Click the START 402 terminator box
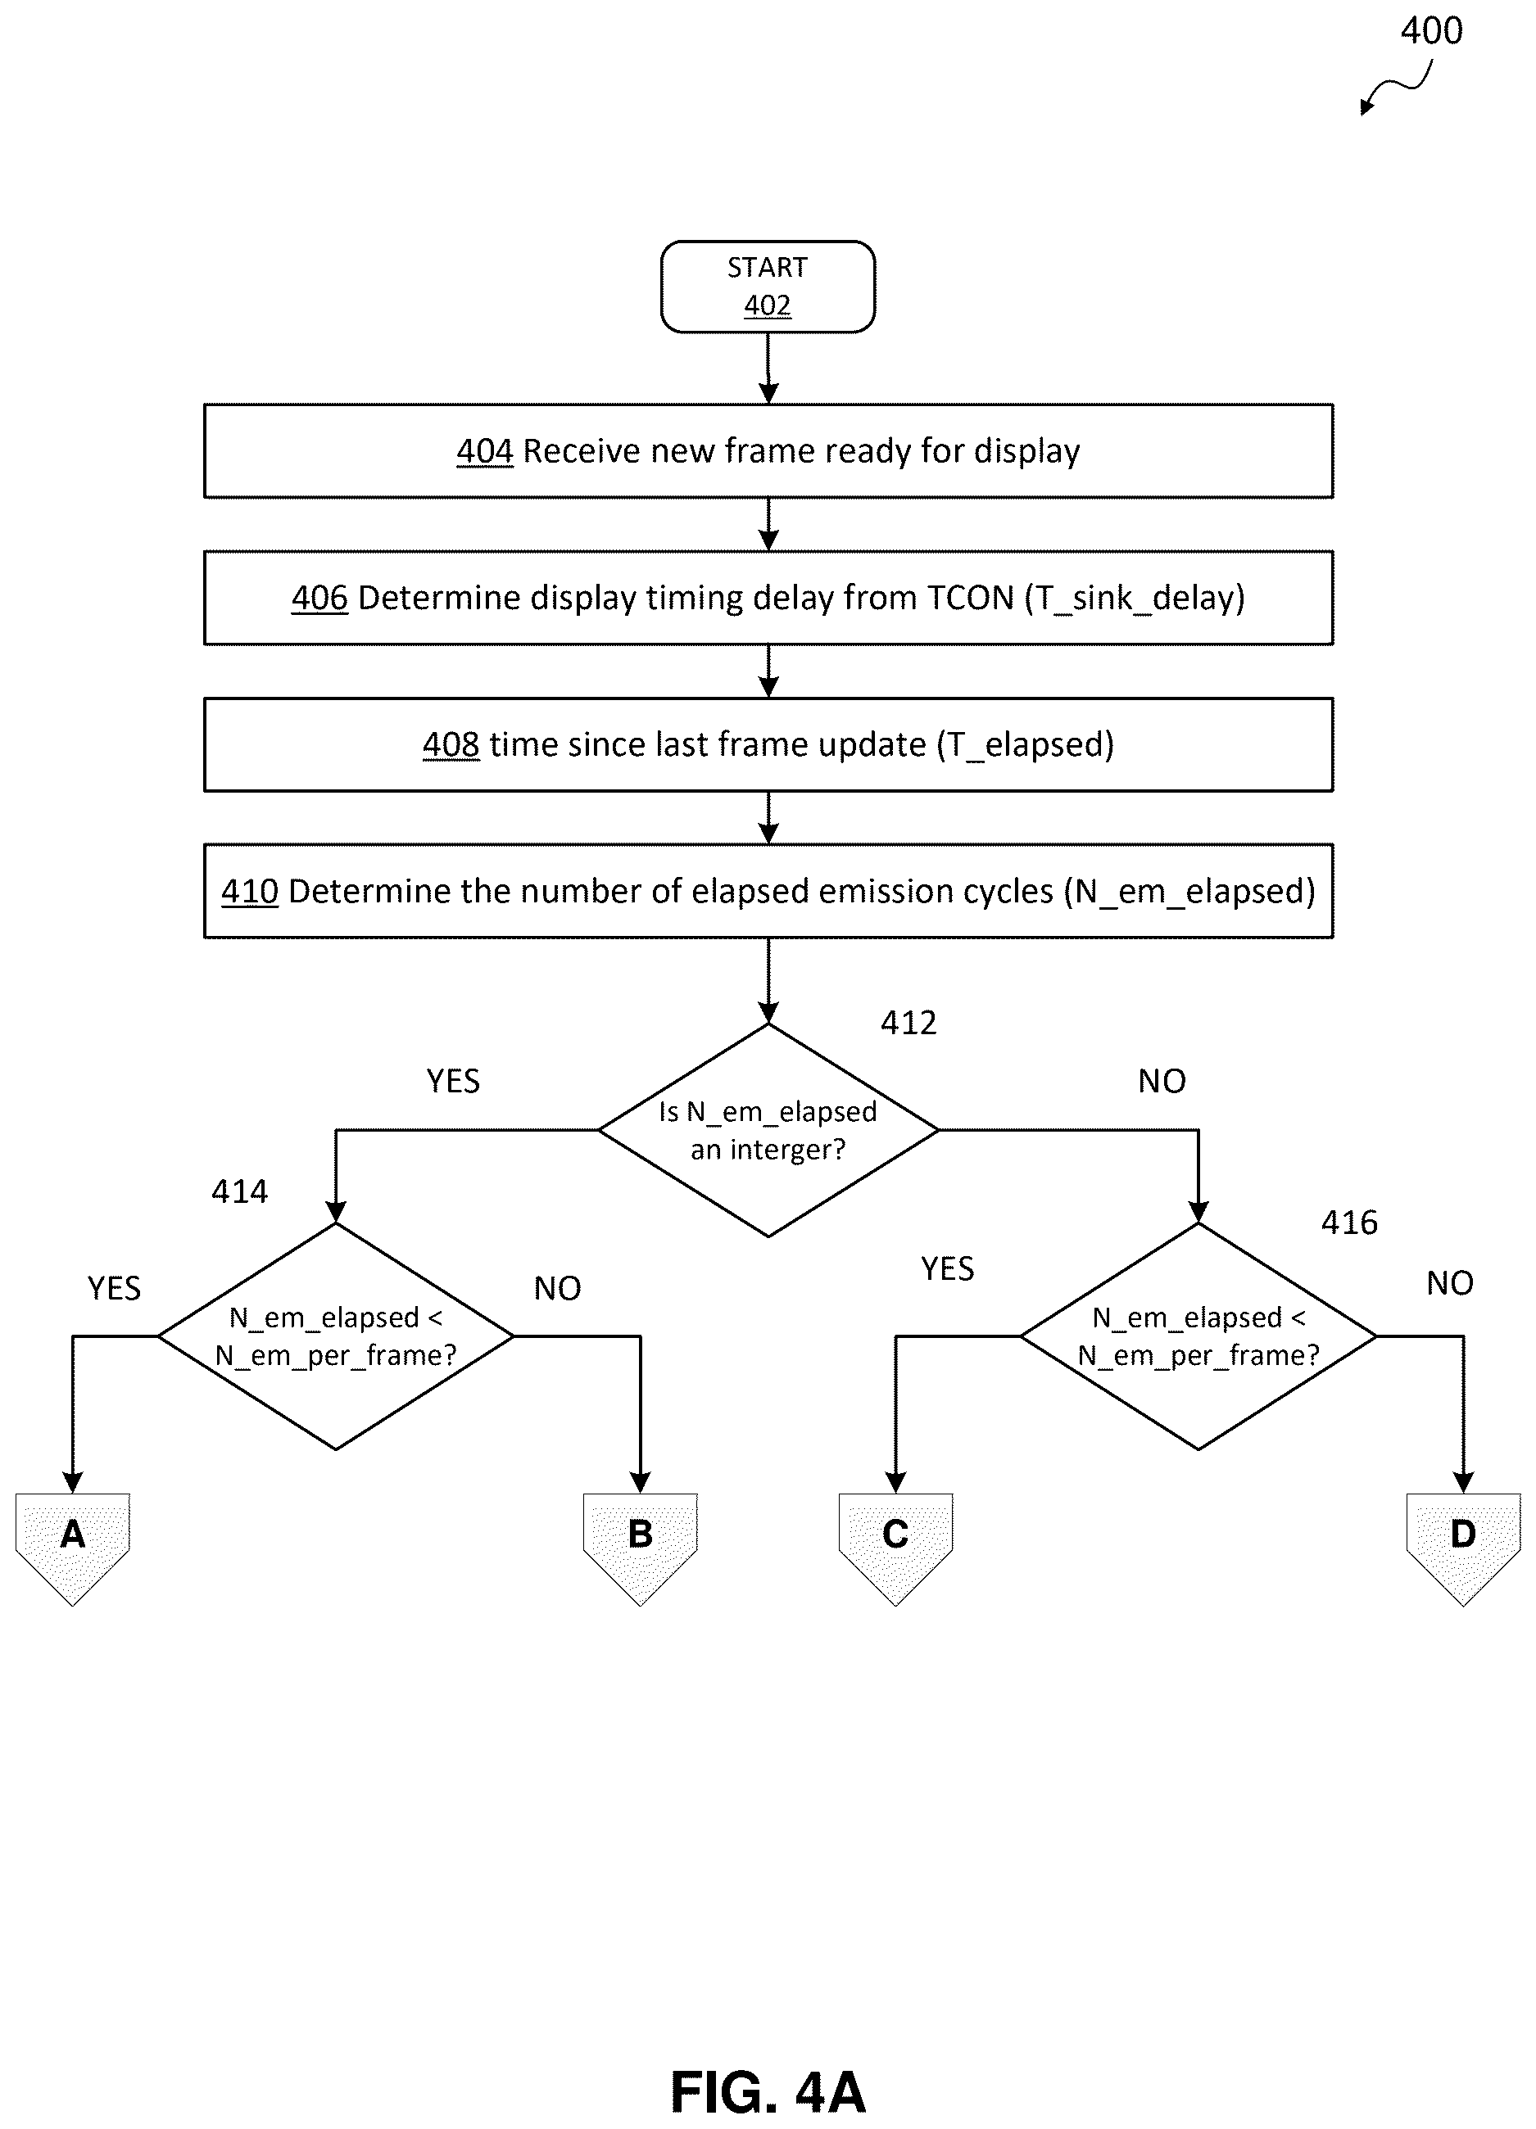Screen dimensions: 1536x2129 tap(768, 287)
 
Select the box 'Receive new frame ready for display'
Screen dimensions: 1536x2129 tap(768, 450)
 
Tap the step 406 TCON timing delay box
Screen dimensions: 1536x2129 tap(768, 597)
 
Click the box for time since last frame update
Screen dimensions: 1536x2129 tap(768, 744)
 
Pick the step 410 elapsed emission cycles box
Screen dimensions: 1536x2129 tap(768, 891)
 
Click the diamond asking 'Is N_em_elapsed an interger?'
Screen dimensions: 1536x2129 tap(768, 1130)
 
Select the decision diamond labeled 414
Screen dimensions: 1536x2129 tap(335, 1336)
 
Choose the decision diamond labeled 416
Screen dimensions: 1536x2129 tap(1198, 1336)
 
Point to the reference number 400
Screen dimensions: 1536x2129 tap(1431, 31)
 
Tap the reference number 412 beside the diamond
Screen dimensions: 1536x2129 tap(908, 1022)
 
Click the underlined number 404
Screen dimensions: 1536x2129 tap(484, 451)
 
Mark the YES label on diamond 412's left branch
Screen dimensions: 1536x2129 tap(454, 1082)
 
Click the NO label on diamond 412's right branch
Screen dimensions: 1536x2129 tap(1162, 1082)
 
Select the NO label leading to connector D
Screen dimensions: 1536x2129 tap(1450, 1283)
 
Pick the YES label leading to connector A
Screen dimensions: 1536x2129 tap(115, 1288)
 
